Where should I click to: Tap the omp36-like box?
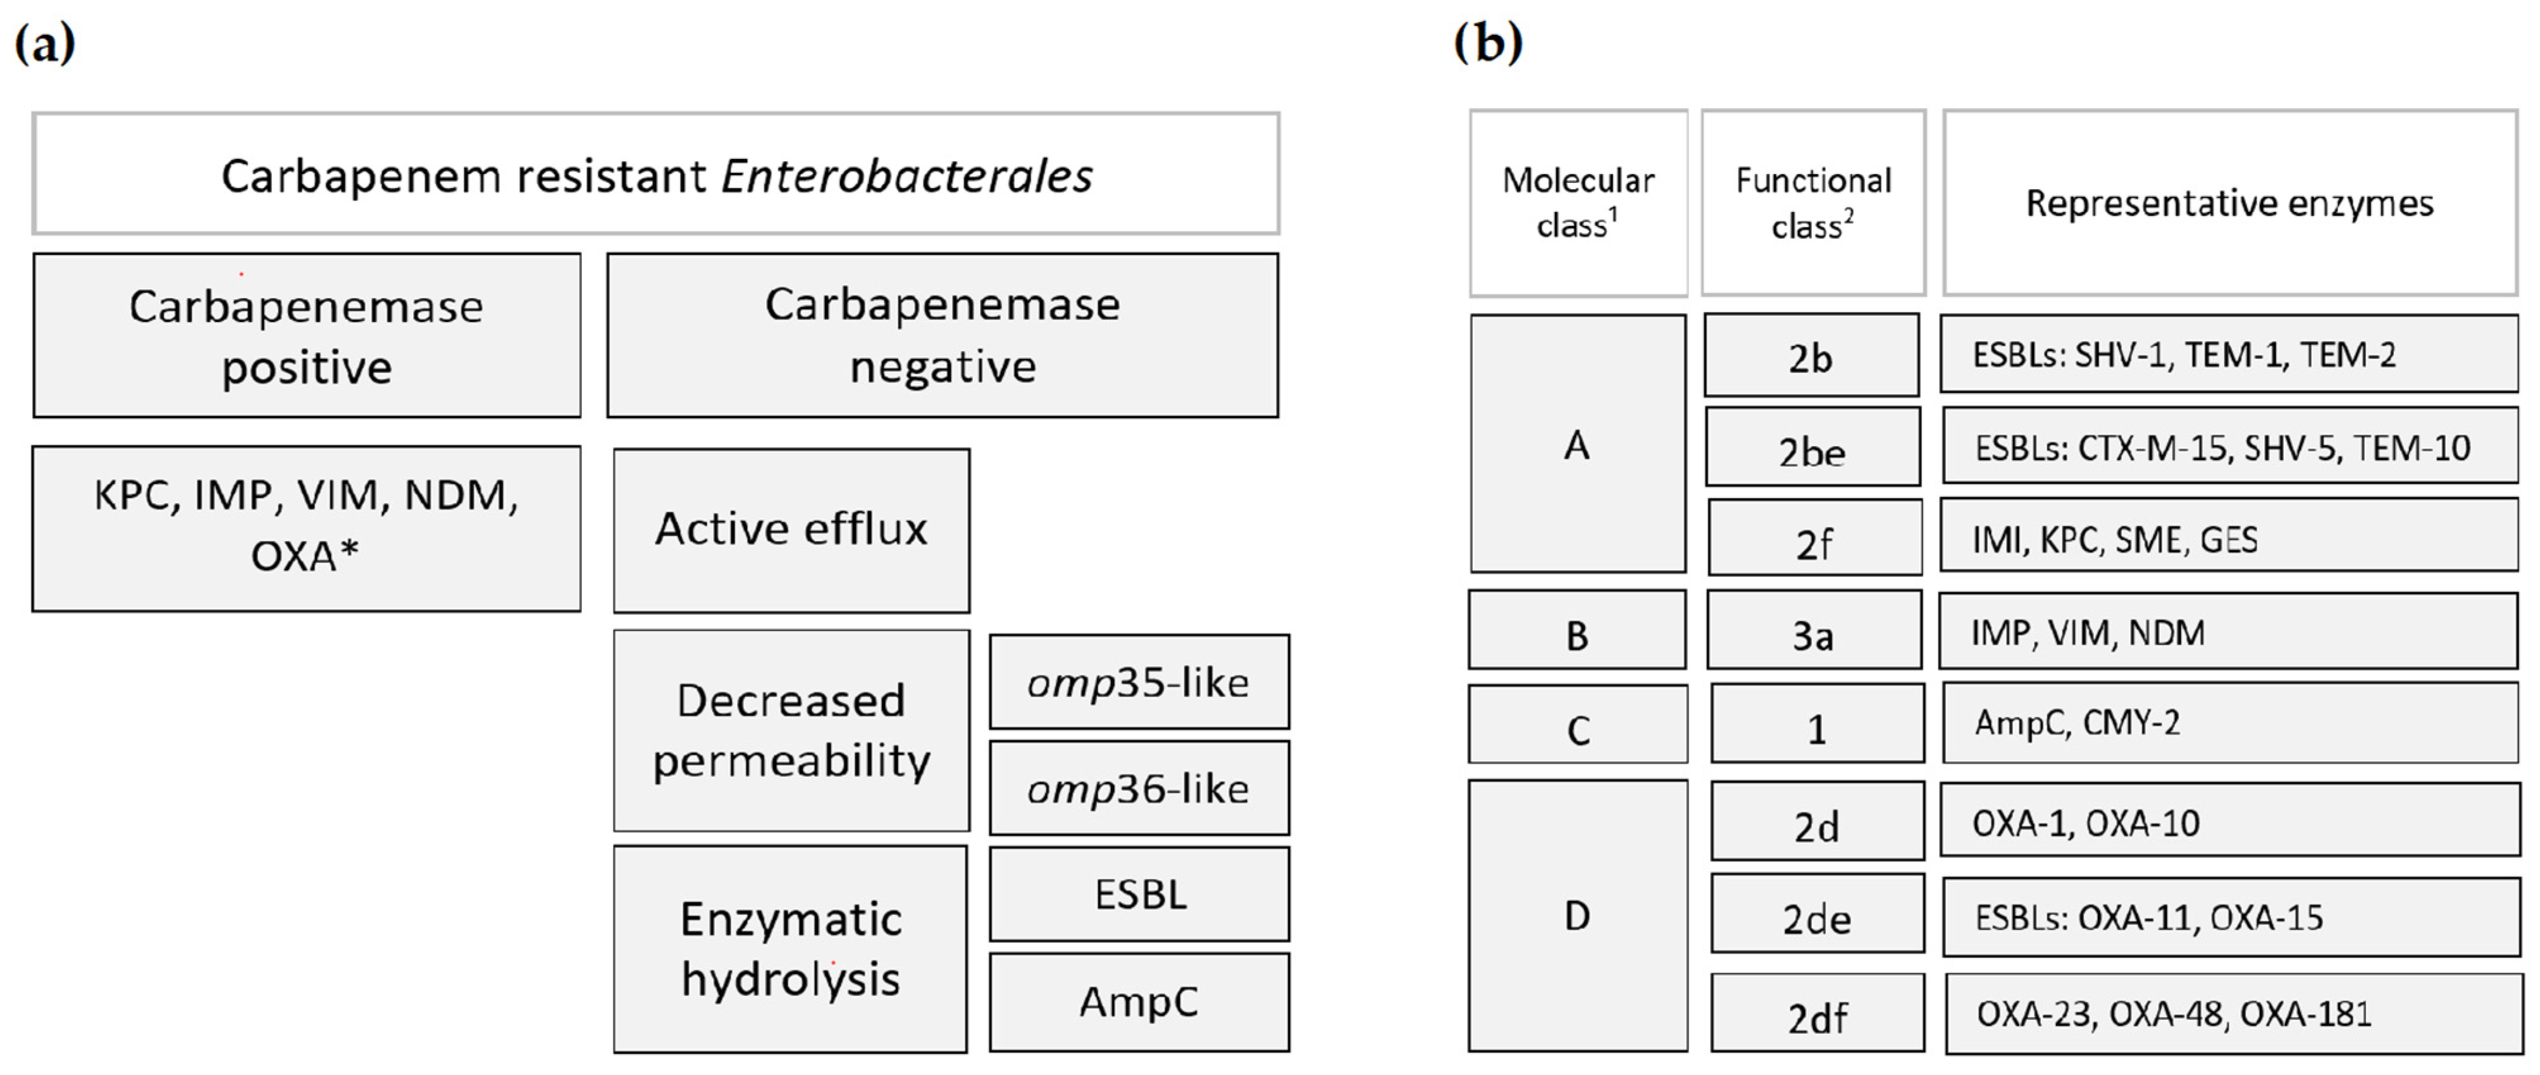[1139, 788]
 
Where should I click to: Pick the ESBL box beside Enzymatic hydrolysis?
[1139, 893]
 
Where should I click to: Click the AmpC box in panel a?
[1139, 1001]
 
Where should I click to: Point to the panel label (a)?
[44, 44]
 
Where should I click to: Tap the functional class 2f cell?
[1814, 538]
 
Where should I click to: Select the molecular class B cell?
[1577, 631]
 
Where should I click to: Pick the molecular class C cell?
[1578, 725]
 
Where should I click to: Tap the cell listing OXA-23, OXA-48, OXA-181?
[2233, 1014]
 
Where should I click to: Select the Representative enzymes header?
[2229, 203]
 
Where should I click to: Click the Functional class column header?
[1813, 203]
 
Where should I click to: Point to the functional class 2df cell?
[1818, 1013]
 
